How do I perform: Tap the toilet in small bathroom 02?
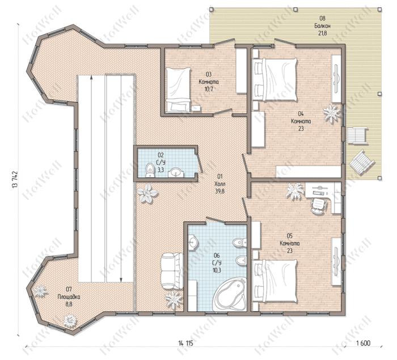(x=150, y=170)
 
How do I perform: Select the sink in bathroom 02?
(x=176, y=173)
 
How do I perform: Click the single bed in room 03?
(x=178, y=90)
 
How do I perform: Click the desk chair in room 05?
(x=318, y=206)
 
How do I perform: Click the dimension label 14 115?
(x=186, y=344)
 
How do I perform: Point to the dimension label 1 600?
(x=363, y=344)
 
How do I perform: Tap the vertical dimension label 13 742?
(x=14, y=179)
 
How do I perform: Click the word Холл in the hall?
(x=219, y=183)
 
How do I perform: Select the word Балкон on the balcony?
(x=322, y=26)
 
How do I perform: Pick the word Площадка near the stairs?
(x=69, y=296)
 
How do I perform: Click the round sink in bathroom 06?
(x=193, y=242)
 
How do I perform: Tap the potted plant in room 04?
(x=331, y=113)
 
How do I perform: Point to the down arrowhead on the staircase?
(x=121, y=279)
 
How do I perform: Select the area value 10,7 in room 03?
(x=208, y=89)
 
